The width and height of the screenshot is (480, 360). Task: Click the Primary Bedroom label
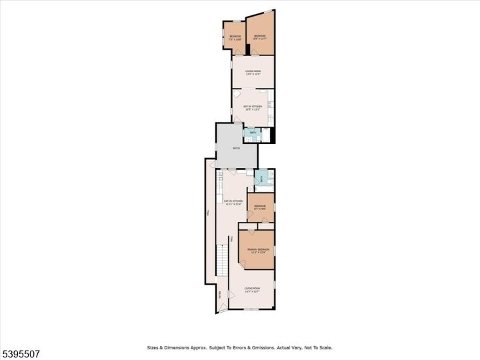pos(257,250)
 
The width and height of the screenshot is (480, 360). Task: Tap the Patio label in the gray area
pos(236,148)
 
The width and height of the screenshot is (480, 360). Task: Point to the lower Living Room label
pos(251,289)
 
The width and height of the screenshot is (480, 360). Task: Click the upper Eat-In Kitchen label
pos(252,107)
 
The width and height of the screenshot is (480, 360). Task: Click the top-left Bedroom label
pos(235,37)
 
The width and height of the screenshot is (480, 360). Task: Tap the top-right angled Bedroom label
pos(259,37)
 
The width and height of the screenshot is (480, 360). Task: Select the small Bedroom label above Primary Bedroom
pos(260,207)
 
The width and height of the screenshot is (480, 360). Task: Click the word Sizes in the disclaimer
pos(154,347)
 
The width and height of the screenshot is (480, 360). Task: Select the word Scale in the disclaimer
pos(325,347)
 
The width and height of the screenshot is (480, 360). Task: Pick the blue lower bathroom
pos(262,178)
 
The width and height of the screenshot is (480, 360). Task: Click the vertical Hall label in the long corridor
pos(209,213)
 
